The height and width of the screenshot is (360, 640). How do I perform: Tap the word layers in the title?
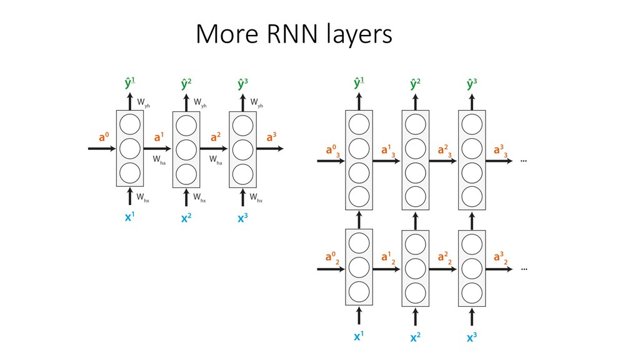[357, 37]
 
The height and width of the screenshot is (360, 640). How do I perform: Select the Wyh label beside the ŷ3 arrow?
[256, 103]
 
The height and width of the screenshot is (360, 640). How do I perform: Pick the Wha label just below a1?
[159, 161]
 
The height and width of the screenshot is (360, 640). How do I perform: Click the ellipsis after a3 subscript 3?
[523, 161]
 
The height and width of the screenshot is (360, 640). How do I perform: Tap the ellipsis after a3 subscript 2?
[523, 269]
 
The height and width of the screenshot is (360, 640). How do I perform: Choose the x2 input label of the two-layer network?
[414, 338]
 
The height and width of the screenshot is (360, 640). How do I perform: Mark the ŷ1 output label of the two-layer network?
[359, 82]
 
